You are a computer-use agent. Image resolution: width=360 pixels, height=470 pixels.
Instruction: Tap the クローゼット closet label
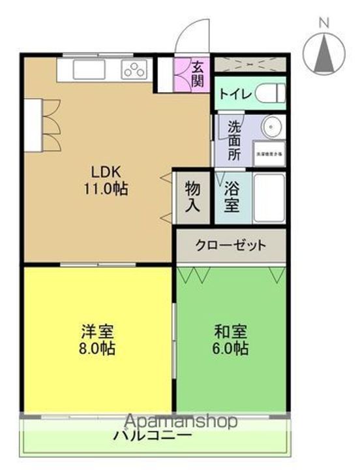click(231, 245)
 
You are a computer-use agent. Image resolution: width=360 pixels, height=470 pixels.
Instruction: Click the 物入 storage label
click(192, 196)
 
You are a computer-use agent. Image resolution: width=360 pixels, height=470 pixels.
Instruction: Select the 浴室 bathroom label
click(232, 196)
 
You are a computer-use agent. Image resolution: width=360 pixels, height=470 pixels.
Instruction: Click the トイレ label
click(235, 93)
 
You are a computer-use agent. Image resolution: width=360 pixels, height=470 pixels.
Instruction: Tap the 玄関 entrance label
click(198, 73)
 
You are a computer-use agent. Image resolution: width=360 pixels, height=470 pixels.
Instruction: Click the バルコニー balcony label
click(153, 435)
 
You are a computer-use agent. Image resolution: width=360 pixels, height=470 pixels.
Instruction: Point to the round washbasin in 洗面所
click(270, 125)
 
